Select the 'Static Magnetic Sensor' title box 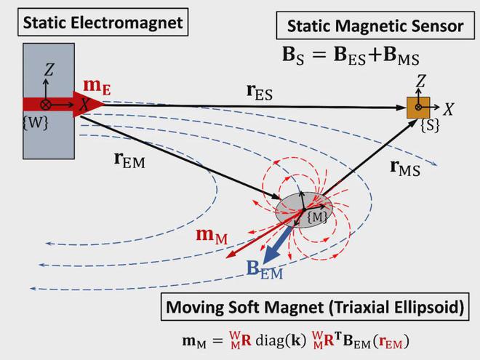pyautogui.click(x=375, y=26)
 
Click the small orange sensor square pyautogui.click(x=418, y=108)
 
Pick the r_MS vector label pyautogui.click(x=404, y=169)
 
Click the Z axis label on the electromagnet pyautogui.click(x=49, y=70)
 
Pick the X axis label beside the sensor pyautogui.click(x=448, y=109)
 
